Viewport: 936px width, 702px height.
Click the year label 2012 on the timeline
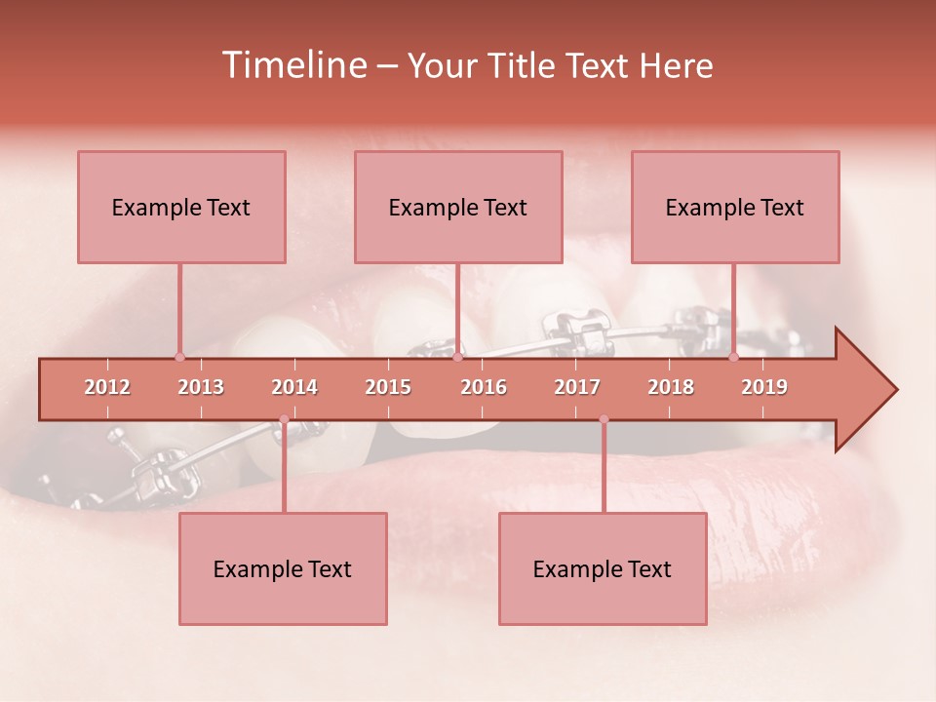click(107, 388)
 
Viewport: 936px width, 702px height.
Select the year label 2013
click(201, 388)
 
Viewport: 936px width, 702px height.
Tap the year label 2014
click(294, 388)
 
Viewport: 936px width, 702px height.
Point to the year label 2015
click(388, 388)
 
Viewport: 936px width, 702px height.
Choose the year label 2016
click(484, 388)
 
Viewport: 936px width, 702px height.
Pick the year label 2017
click(577, 388)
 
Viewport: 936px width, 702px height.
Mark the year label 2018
click(671, 388)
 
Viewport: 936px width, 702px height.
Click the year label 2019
click(764, 388)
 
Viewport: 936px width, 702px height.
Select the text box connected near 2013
click(181, 208)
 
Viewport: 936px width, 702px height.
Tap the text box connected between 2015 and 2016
click(458, 208)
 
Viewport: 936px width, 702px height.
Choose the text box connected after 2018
click(735, 208)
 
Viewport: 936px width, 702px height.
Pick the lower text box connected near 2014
click(283, 569)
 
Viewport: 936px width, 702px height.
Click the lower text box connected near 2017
click(603, 569)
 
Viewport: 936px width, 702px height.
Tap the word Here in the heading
click(676, 66)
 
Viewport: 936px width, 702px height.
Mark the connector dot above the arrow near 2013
click(179, 357)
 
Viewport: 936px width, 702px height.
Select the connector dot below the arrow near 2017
click(604, 419)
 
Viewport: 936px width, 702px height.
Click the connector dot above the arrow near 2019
click(733, 357)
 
